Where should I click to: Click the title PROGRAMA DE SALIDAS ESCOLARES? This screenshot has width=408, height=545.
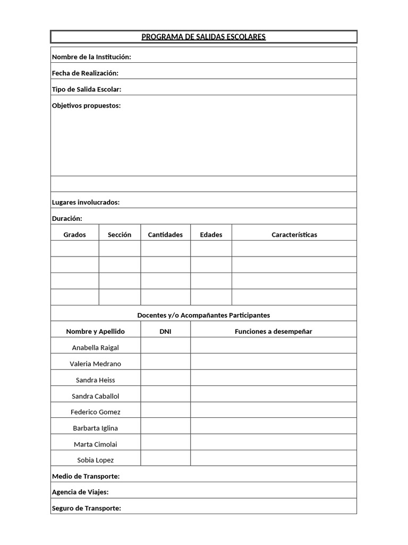click(x=203, y=37)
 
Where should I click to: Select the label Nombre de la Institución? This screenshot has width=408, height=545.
click(x=91, y=57)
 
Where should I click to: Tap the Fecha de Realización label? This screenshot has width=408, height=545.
click(x=85, y=73)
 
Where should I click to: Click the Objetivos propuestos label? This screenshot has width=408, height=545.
click(x=86, y=105)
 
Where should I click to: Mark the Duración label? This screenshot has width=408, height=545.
click(x=67, y=218)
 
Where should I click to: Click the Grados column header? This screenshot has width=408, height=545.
click(x=74, y=235)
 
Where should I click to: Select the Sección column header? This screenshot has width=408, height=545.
click(x=120, y=235)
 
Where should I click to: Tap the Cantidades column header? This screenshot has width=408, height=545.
click(x=165, y=235)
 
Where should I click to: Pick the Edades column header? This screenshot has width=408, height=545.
click(x=211, y=235)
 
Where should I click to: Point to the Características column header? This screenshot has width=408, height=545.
click(x=294, y=235)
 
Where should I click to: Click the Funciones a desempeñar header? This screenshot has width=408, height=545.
click(x=273, y=331)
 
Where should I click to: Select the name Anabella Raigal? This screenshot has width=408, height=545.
click(x=95, y=348)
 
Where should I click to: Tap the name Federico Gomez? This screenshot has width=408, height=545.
click(x=95, y=412)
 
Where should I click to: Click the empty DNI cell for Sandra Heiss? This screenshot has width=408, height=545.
click(x=165, y=380)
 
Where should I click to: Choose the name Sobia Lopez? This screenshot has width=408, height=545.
click(x=95, y=460)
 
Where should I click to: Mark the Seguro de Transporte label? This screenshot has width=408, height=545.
click(x=87, y=508)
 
